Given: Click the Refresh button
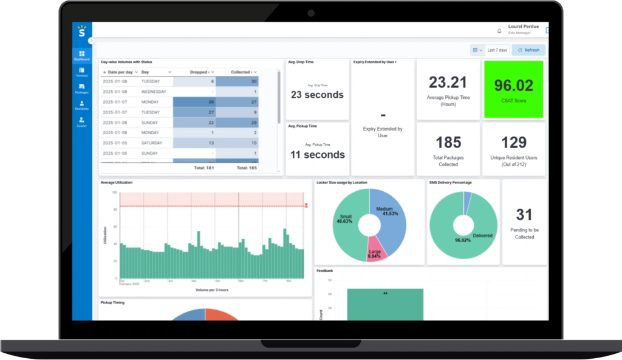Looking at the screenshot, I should [x=528, y=50].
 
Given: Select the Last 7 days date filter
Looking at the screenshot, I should [x=497, y=50].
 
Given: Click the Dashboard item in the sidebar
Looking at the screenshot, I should [x=81, y=56].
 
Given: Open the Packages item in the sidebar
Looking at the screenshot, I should [x=81, y=89].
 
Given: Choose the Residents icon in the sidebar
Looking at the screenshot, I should [x=81, y=105].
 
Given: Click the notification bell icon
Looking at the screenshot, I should [x=499, y=30].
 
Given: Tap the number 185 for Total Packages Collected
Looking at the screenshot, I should [x=448, y=143].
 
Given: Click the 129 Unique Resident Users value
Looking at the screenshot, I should [x=513, y=143].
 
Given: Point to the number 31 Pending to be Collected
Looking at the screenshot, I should [x=524, y=214].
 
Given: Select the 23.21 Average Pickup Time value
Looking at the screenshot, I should [x=448, y=83].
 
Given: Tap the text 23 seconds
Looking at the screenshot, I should [x=317, y=95].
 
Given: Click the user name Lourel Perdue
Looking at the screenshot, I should [x=522, y=27].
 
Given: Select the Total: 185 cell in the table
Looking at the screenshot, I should [x=246, y=168].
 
